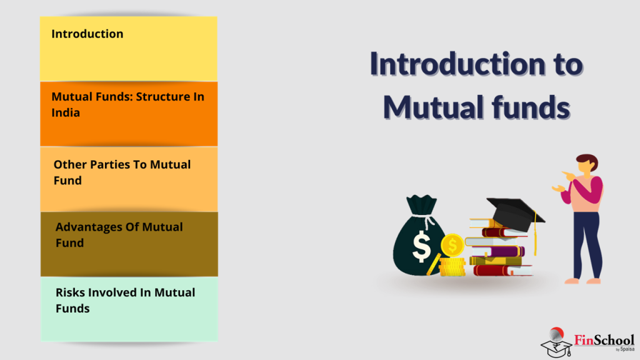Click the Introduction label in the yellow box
click(87, 34)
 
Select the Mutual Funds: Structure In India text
click(127, 104)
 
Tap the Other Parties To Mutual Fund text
click(122, 172)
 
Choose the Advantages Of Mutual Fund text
click(119, 234)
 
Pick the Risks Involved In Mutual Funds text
click(125, 300)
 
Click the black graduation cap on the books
click(512, 211)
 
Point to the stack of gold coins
click(451, 267)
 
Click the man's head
click(586, 165)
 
